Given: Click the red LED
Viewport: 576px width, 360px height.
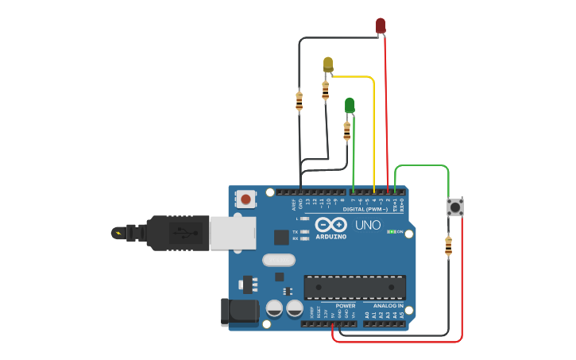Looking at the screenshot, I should pos(381,25).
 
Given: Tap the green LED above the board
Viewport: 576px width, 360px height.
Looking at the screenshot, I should pos(350,105).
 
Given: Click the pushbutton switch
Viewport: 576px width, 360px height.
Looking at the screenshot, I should pos(455,207).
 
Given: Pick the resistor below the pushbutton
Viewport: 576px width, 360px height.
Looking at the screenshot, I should pos(448,247).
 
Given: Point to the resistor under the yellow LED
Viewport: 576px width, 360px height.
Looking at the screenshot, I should pos(325,91).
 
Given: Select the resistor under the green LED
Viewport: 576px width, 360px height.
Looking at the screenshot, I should pos(346,132).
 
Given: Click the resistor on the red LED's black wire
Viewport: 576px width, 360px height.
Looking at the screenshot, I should pos(299,101).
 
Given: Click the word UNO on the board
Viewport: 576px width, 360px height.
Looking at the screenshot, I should pos(368,225).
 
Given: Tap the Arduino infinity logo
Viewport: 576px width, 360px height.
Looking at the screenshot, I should pos(331,224).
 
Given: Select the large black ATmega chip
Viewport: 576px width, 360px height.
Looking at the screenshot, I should pos(354,287).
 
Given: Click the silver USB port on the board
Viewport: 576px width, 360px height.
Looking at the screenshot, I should pos(232,232).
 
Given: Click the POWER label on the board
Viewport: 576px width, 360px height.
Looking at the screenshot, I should pos(346,305).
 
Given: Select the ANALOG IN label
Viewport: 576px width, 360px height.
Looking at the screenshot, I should pos(384,305).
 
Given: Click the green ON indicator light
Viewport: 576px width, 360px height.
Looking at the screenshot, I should pos(389,231).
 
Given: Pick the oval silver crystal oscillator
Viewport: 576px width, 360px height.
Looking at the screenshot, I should pos(278,260).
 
